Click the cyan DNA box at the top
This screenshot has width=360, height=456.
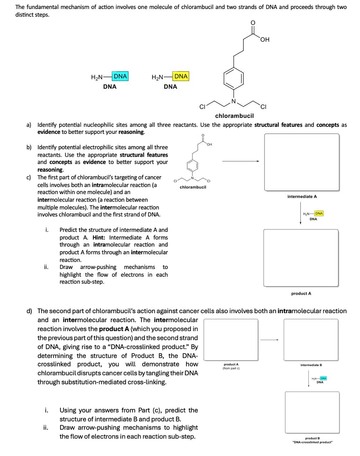pyautogui.click(x=120, y=76)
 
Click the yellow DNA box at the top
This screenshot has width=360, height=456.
pyautogui.click(x=181, y=76)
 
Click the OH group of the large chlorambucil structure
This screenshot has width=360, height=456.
pyautogui.click(x=265, y=40)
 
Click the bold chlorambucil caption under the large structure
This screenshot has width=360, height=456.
pyautogui.click(x=235, y=116)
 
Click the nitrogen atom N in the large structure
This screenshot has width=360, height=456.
pyautogui.click(x=234, y=101)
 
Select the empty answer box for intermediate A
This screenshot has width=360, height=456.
pyautogui.click(x=302, y=162)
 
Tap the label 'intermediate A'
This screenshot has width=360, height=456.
pyautogui.click(x=302, y=197)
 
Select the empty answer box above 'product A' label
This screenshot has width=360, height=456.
pyautogui.click(x=301, y=258)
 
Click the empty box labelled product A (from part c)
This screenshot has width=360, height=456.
pyautogui.click(x=231, y=340)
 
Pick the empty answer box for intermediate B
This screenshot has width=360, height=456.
pyautogui.click(x=311, y=340)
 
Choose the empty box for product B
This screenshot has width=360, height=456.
pyautogui.click(x=312, y=413)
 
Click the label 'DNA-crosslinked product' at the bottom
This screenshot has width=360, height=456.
pyautogui.click(x=312, y=442)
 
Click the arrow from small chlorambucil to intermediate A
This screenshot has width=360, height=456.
pyautogui.click(x=241, y=161)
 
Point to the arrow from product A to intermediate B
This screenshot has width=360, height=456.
pyautogui.click(x=269, y=340)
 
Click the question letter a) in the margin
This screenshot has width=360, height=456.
pyautogui.click(x=29, y=125)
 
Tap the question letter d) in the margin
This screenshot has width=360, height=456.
pyautogui.click(x=30, y=311)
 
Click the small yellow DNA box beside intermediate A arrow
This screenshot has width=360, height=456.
pyautogui.click(x=319, y=213)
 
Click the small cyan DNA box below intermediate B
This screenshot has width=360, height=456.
pyautogui.click(x=323, y=378)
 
